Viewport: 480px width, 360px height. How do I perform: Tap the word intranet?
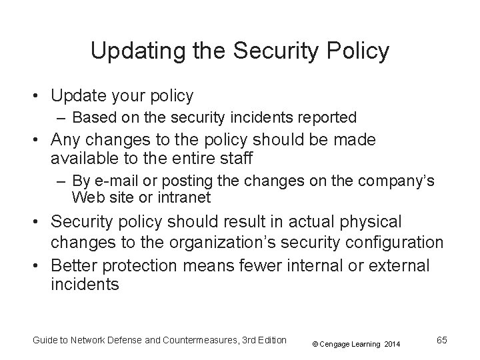click(187, 197)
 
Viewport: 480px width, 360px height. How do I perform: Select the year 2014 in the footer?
click(392, 344)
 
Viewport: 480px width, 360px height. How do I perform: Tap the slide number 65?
click(441, 340)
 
